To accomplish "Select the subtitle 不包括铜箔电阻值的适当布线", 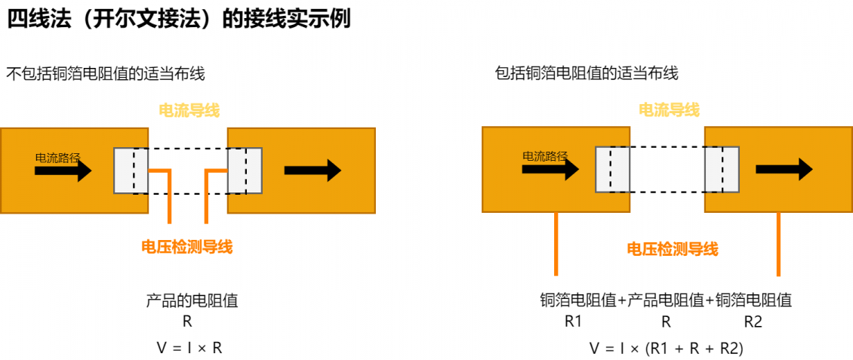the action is [106, 74].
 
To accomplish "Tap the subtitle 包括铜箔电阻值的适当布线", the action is [587, 73].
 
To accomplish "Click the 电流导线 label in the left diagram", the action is [189, 112].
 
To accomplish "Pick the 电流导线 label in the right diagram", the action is [669, 110].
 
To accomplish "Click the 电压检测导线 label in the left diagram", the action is [187, 248].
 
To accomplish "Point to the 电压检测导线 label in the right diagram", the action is [673, 250].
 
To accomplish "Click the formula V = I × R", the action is [189, 348].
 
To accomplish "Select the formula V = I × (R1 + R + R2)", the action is [667, 348].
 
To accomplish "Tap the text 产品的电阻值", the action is [192, 300].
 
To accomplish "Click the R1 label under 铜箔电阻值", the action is [574, 322].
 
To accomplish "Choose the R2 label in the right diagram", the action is [753, 322].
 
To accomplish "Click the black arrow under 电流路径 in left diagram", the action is [63, 171].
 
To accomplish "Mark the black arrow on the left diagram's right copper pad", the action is [313, 171].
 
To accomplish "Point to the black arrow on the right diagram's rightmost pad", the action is [784, 169].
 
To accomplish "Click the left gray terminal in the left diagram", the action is [131, 171].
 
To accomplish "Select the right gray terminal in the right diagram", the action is [722, 169].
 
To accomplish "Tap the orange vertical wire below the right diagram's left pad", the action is [556, 244].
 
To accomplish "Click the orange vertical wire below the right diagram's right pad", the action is [778, 244].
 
